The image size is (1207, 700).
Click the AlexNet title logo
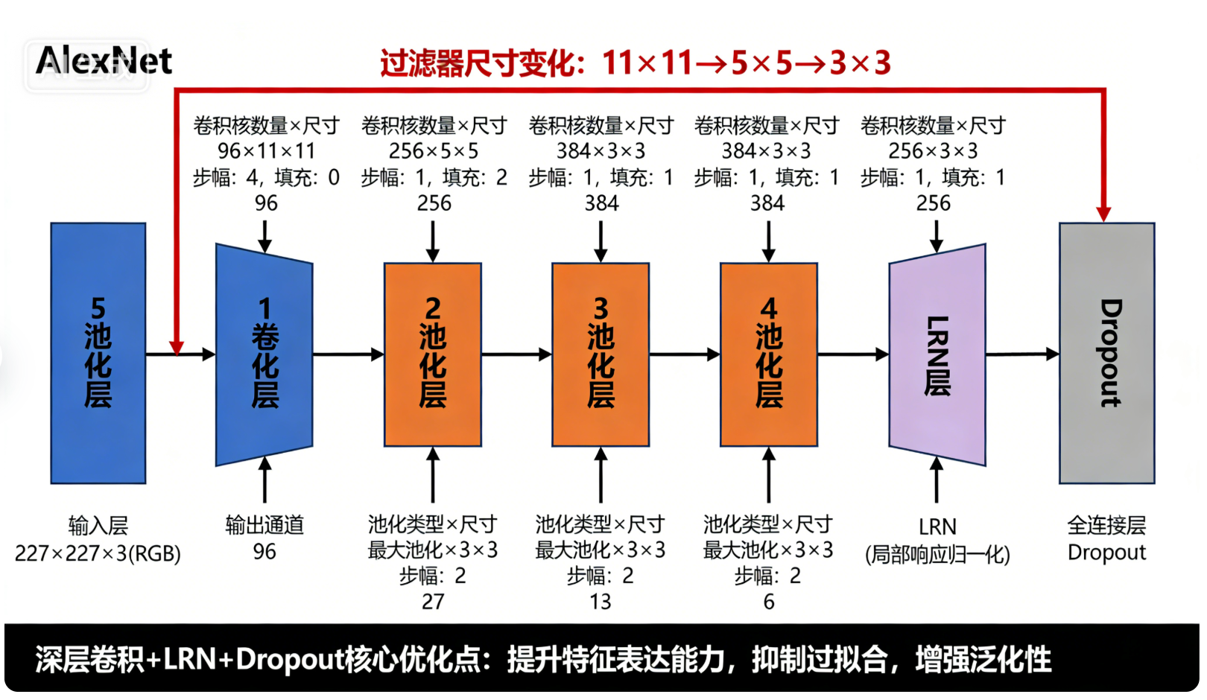tap(104, 61)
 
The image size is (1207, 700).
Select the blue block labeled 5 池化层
tap(98, 353)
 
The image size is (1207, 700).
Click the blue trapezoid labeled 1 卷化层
tap(264, 354)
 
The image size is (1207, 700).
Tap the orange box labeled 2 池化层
tap(433, 354)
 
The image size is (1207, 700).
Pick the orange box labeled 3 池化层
tap(601, 354)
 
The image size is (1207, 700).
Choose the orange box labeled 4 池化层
tap(769, 354)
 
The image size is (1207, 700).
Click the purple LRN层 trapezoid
tap(937, 354)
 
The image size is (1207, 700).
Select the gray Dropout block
tap(1107, 353)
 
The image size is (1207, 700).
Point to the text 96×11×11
tap(266, 151)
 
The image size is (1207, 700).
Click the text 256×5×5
tap(434, 151)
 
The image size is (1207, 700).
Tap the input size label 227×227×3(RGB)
tap(98, 553)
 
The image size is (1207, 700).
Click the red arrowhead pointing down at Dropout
tap(1103, 214)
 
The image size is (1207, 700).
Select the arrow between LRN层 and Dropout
tap(1022, 354)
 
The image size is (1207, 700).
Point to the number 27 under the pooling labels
tap(433, 602)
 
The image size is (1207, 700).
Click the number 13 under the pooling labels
tap(601, 602)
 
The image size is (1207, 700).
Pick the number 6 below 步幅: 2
tap(769, 602)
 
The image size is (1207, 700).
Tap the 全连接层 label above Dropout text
tap(1106, 525)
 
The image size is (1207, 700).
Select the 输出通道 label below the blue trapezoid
tap(264, 525)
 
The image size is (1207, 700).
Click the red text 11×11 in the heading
tap(647, 63)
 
